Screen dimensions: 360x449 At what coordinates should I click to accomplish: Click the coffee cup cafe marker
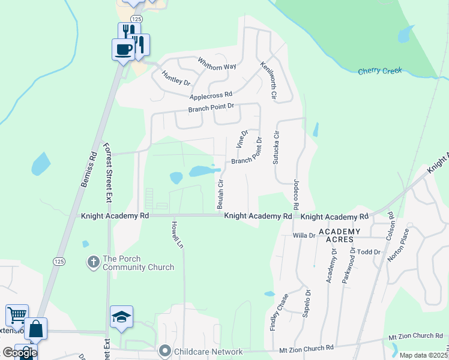123,49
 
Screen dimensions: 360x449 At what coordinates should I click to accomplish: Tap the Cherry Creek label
379,71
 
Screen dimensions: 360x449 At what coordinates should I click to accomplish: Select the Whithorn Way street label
217,64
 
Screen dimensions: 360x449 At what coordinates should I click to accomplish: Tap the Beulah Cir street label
220,190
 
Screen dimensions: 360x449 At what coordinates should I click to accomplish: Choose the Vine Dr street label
242,139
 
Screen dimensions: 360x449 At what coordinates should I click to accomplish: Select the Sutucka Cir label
277,148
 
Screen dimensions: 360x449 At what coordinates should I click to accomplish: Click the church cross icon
93,262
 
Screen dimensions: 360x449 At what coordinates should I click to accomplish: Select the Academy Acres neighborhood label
340,235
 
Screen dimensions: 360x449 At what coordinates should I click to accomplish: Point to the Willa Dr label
304,236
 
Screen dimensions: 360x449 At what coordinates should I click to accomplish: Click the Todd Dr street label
369,252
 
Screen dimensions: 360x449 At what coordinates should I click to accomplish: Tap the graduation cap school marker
121,317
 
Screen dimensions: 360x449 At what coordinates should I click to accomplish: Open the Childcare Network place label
208,352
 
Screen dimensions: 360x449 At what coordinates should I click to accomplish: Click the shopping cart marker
17,314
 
